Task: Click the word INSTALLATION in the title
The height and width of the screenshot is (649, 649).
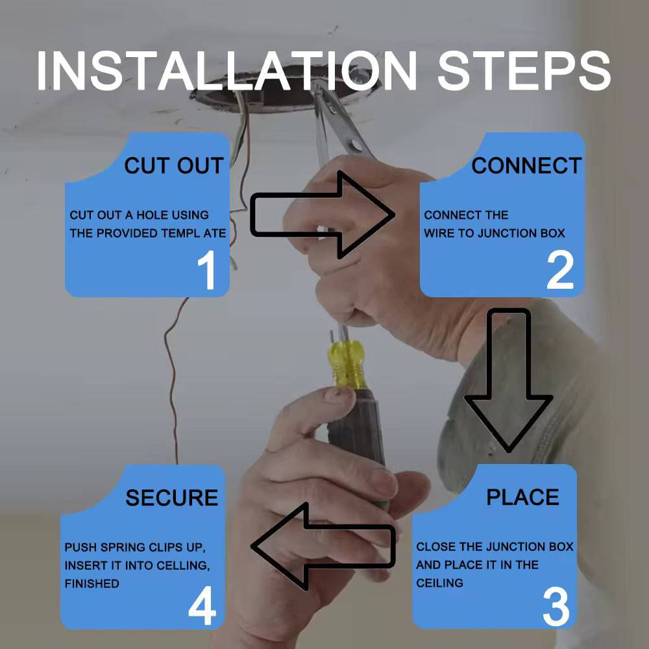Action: point(226,71)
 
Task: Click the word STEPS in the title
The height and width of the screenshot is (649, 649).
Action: point(524,71)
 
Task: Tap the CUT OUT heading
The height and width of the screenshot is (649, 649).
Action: point(174,165)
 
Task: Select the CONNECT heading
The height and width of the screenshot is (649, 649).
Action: point(526,165)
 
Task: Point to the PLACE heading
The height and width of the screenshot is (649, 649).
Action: point(522,497)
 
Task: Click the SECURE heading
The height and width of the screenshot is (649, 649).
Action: point(172,498)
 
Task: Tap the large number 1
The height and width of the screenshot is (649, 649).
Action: point(207,270)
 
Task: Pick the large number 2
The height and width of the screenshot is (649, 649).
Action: point(560,270)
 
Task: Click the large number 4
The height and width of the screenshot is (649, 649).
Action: point(202,605)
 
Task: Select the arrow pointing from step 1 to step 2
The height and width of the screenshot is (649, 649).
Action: point(323,215)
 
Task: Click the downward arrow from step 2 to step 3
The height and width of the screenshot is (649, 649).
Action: point(509,380)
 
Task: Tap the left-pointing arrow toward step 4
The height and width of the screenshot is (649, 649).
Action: point(323,546)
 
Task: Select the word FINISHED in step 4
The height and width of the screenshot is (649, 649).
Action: point(92,583)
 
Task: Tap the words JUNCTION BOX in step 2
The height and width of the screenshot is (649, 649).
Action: point(521,234)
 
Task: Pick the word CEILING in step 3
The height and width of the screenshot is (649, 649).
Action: point(439,583)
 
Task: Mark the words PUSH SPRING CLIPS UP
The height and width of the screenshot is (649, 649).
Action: point(135,548)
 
